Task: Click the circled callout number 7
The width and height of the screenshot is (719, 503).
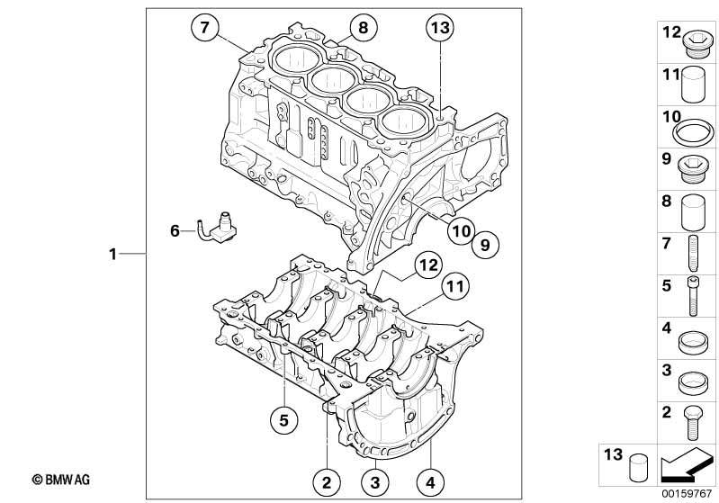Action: point(204,28)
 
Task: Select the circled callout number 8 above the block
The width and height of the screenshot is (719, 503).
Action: point(363,28)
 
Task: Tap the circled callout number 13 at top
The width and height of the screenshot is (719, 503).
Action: point(440,28)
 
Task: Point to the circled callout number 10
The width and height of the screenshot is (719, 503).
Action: point(462,230)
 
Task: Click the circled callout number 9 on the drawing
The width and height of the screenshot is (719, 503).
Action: point(485,245)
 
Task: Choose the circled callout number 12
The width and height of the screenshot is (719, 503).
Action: point(428,265)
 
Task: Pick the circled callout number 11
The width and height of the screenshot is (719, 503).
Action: point(455,286)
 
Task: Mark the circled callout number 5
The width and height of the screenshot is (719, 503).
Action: point(283,420)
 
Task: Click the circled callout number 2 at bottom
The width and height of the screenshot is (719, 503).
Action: point(327,482)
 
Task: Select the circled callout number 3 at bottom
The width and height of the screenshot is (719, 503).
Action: point(375,482)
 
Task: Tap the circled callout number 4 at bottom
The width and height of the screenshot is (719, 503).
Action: point(430,482)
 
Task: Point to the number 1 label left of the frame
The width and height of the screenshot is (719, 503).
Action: point(112,254)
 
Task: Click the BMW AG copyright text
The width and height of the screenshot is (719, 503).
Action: point(61,481)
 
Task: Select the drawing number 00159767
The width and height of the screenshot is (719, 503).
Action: point(687,494)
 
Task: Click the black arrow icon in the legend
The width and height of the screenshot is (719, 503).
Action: point(686,465)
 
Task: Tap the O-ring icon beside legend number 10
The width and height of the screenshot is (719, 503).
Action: point(693,133)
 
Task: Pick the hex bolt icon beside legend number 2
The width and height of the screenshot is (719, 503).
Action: point(692,423)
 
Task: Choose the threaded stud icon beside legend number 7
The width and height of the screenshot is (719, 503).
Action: point(693,253)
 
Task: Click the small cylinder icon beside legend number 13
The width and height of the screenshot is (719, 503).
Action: point(638,468)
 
